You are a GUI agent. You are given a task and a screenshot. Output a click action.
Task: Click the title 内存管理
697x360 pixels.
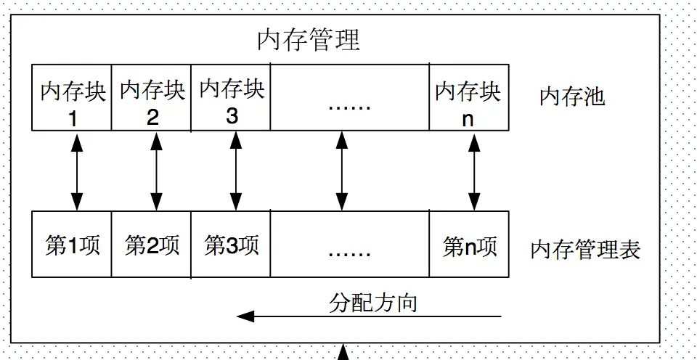pyautogui.click(x=309, y=40)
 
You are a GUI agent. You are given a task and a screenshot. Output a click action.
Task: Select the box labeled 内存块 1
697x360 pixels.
pyautogui.click(x=72, y=98)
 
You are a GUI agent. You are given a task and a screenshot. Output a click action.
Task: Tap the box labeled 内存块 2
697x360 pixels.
pyautogui.click(x=151, y=98)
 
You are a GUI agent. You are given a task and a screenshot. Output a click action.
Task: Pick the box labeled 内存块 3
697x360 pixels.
pyautogui.click(x=231, y=98)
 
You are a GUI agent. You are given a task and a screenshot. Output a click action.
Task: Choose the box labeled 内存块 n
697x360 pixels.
pyautogui.click(x=468, y=98)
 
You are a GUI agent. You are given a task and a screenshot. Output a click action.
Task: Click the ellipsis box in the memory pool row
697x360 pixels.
pyautogui.click(x=349, y=98)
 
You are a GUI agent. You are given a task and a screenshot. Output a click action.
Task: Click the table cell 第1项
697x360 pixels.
pyautogui.click(x=72, y=245)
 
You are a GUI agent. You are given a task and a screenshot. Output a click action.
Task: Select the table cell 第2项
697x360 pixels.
pyautogui.click(x=151, y=245)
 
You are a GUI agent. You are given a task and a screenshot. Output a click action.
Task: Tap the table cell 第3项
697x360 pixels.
pyautogui.click(x=231, y=245)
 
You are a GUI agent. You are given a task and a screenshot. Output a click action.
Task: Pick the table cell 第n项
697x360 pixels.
pyautogui.click(x=468, y=245)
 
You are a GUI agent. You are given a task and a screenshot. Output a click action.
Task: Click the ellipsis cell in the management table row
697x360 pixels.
pyautogui.click(x=349, y=245)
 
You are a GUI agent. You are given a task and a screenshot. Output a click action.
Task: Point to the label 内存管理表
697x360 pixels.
pyautogui.click(x=585, y=250)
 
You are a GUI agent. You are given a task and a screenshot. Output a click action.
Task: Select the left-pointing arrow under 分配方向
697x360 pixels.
pyautogui.click(x=369, y=317)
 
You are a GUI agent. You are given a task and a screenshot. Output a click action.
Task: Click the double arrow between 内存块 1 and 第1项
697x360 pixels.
pyautogui.click(x=77, y=171)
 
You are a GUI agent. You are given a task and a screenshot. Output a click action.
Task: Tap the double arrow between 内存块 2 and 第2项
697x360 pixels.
pyautogui.click(x=156, y=171)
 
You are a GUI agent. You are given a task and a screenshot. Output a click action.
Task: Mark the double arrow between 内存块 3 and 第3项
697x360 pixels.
pyautogui.click(x=235, y=171)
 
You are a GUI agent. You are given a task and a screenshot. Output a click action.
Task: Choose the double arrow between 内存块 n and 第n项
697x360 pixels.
pyautogui.click(x=474, y=171)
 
